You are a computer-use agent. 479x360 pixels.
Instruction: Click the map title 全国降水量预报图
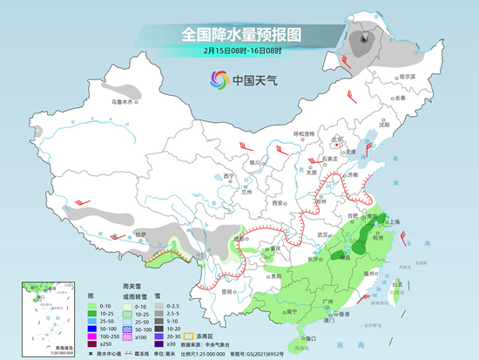(x=240, y=34)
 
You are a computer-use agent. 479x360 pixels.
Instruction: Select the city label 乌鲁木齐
(x=125, y=102)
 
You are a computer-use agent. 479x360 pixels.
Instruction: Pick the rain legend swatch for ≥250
(x=93, y=343)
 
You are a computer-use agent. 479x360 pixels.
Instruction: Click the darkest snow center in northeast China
(x=363, y=38)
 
